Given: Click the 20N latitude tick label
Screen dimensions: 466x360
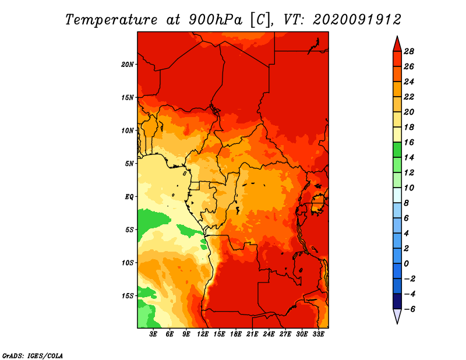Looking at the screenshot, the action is click(128, 65).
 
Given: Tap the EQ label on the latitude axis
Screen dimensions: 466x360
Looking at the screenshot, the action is click(129, 197).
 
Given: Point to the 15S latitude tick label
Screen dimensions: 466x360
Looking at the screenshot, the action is click(128, 296).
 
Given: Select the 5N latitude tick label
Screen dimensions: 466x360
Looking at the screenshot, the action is click(129, 164).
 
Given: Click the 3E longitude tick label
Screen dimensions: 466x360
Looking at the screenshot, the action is click(153, 334).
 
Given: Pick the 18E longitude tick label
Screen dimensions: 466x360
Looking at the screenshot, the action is click(236, 334).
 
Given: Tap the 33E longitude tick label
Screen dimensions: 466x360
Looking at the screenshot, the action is click(318, 334).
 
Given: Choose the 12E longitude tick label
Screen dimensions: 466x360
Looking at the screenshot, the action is click(203, 334).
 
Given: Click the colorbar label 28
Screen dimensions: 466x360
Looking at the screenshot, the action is click(409, 51).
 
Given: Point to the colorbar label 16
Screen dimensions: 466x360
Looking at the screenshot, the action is click(409, 142).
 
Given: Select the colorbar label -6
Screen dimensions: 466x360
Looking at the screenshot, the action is click(409, 309).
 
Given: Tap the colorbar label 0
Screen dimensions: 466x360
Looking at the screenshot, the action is click(407, 264).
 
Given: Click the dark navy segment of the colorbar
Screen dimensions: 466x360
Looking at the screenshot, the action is click(397, 301).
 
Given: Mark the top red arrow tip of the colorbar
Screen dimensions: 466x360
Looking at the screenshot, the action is click(397, 37).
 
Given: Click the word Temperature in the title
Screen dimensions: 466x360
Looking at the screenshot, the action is click(111, 20).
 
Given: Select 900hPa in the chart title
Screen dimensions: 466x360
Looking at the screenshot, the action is click(216, 20).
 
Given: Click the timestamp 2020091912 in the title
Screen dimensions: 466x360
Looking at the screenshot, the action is click(357, 20).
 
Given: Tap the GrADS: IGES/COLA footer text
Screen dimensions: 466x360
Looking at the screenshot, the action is click(33, 356).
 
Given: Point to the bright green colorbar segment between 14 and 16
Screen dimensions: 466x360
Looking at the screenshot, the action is click(397, 150).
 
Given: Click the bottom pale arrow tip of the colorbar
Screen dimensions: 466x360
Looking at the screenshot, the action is click(397, 323).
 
